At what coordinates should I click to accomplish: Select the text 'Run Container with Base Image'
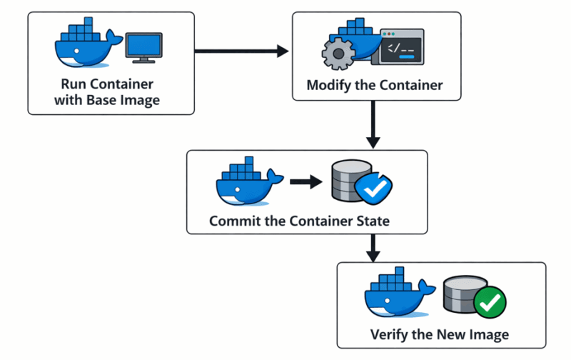pos(107,92)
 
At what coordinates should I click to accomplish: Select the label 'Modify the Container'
pos(374,86)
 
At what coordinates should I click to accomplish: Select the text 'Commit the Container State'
pos(300,221)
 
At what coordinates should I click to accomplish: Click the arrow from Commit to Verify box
pos(373,247)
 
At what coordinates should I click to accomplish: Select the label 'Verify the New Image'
pos(440,334)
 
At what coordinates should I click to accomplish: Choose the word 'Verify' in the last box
pos(390,334)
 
